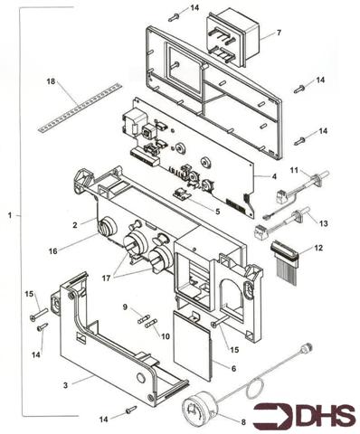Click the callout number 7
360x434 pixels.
click(278, 33)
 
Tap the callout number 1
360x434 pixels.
click(9, 216)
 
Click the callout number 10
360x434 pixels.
click(164, 335)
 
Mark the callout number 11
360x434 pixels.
click(292, 169)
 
